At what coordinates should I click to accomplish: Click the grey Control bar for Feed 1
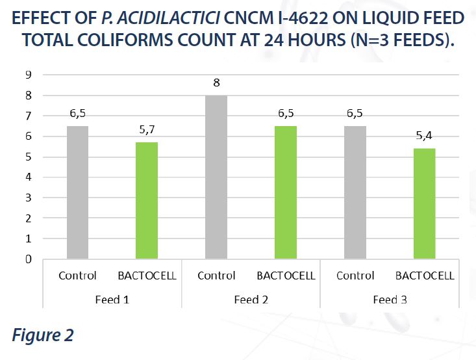click(77, 192)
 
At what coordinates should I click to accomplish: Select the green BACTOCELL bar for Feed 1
click(147, 200)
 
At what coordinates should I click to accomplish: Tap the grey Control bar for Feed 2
click(216, 177)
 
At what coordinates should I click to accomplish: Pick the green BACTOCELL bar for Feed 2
click(286, 192)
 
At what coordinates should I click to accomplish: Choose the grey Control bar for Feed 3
click(355, 192)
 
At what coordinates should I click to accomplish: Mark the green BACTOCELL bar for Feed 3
click(425, 203)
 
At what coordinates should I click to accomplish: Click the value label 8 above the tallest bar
click(216, 83)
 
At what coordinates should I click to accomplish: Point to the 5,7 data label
click(147, 129)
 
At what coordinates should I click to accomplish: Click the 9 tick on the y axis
click(29, 75)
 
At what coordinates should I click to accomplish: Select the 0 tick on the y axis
click(29, 259)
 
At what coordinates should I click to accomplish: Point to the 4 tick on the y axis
click(29, 177)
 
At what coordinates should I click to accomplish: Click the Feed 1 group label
click(112, 300)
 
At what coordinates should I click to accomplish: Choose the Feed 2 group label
click(251, 300)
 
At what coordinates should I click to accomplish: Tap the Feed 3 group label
click(390, 300)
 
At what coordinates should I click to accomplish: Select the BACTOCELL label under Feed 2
click(286, 276)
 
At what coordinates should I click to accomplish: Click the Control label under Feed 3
click(355, 276)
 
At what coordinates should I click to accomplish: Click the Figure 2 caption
click(42, 336)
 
